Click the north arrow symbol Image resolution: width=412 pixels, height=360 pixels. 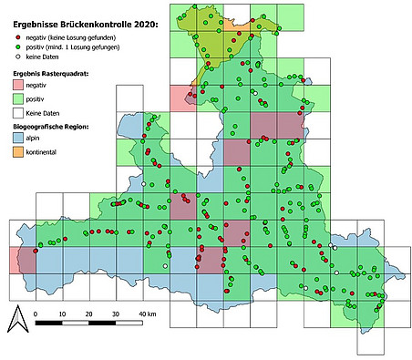point(15,318)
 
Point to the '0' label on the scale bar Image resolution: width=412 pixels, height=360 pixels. point(36,314)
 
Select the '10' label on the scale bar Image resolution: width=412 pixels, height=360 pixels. point(62,314)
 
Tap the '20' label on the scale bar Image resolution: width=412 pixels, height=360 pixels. point(89,314)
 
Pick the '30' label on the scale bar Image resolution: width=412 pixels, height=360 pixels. point(116,314)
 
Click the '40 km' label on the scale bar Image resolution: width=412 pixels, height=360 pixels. point(147,314)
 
